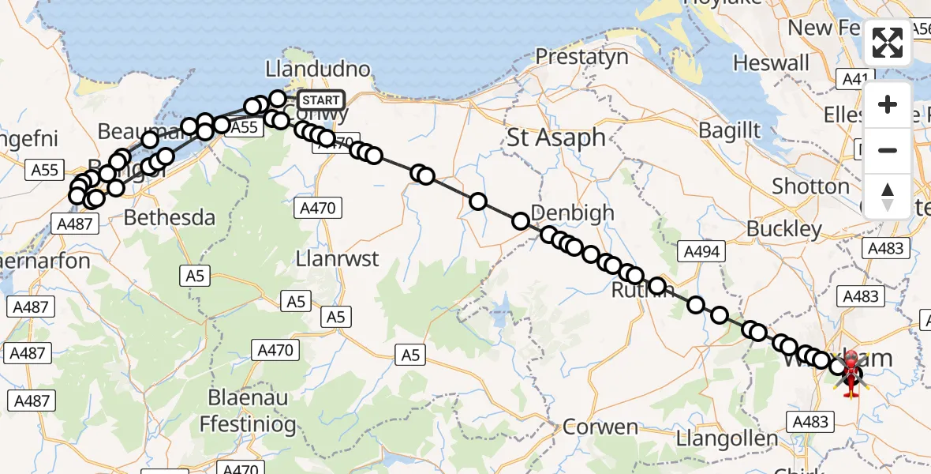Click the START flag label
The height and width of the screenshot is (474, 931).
[321, 100]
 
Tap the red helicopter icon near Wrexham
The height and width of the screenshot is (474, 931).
[851, 374]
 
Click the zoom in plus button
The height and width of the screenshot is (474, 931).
[888, 104]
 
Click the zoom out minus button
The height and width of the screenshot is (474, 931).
[888, 150]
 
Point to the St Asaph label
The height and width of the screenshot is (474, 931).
[555, 137]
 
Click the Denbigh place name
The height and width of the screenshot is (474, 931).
[573, 212]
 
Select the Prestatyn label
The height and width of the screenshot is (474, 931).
[581, 57]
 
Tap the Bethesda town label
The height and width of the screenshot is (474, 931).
[170, 217]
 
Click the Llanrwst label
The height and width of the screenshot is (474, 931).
[337, 258]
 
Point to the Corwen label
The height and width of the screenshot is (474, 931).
[600, 427]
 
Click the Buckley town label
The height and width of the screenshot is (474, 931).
[784, 229]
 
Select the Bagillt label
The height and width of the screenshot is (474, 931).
[729, 130]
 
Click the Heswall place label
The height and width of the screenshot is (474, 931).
[771, 62]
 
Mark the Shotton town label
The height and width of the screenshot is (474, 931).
[810, 186]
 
